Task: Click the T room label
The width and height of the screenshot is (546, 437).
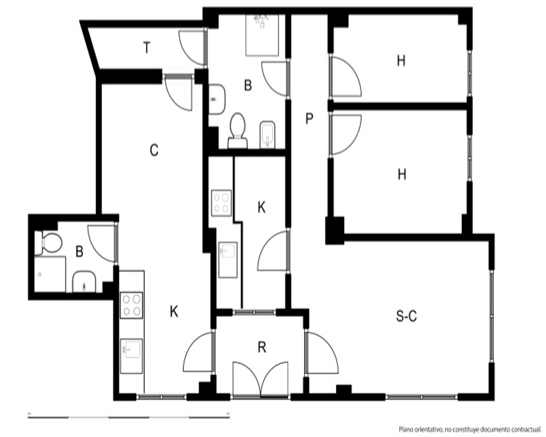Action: pyautogui.click(x=147, y=48)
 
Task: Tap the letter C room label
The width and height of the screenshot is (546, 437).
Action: pyautogui.click(x=154, y=150)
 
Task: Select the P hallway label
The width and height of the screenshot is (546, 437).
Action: pyautogui.click(x=309, y=119)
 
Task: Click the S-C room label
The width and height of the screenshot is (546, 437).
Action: pyautogui.click(x=406, y=316)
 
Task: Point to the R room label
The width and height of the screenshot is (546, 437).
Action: pyautogui.click(x=262, y=347)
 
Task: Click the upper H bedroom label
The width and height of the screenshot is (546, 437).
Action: pyautogui.click(x=401, y=61)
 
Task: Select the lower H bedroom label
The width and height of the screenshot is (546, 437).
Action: pyautogui.click(x=402, y=174)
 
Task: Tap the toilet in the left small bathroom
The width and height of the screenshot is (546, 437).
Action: pyautogui.click(x=49, y=243)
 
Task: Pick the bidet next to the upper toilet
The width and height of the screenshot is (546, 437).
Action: pyautogui.click(x=268, y=135)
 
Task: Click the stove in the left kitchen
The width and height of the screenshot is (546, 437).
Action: pyautogui.click(x=132, y=305)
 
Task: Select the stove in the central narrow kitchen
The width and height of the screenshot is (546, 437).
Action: pyautogui.click(x=222, y=203)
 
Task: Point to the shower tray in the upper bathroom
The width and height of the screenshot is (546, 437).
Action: pyautogui.click(x=263, y=35)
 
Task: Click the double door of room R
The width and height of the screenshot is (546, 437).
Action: pyautogui.click(x=260, y=379)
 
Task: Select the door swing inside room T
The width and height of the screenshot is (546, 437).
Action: pyautogui.click(x=191, y=48)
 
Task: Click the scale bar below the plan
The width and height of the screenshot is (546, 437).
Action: pyautogui.click(x=129, y=416)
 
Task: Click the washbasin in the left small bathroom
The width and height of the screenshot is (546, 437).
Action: pyautogui.click(x=84, y=281)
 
